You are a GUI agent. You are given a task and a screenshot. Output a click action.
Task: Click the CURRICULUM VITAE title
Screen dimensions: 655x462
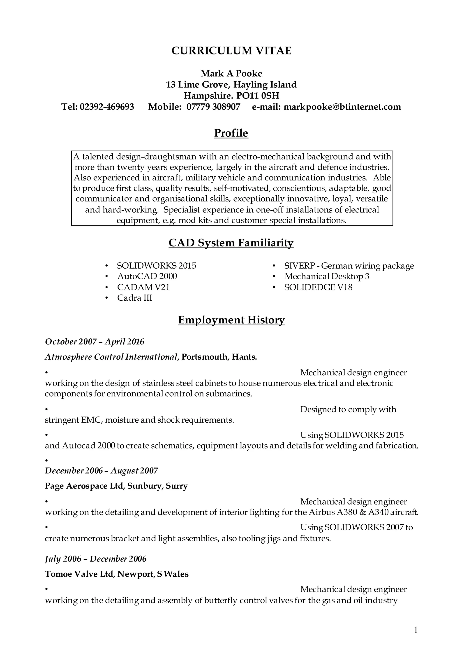point(231,51)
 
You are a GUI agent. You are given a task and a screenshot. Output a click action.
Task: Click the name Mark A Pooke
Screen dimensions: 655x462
point(231,74)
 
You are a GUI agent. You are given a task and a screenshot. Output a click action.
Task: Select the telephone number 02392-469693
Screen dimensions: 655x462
point(107,107)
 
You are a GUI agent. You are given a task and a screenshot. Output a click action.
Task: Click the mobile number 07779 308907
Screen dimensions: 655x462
point(213,107)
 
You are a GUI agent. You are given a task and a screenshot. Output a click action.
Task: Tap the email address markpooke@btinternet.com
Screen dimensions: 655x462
point(342,107)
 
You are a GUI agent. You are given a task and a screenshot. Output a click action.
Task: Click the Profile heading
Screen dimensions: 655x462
point(231,133)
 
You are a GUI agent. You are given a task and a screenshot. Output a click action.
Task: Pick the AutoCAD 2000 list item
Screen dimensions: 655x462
point(147,276)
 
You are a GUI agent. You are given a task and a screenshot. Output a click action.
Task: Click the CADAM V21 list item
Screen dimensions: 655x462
point(143,287)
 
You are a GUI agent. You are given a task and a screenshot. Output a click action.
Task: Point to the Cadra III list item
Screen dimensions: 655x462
point(134,298)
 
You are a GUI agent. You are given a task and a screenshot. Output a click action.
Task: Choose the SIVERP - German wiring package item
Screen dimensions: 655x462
point(349,266)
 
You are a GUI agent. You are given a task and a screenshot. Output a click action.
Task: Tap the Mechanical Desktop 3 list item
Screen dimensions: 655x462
point(327,276)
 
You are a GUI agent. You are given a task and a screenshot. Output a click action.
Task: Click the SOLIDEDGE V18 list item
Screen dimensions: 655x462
point(318,287)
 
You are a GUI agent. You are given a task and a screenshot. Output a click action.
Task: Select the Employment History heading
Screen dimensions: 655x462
point(231,320)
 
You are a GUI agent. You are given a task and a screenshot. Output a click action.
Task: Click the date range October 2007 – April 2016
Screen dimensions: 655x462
point(95,342)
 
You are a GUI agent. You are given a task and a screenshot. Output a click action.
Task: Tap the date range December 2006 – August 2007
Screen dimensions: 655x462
point(102,470)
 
